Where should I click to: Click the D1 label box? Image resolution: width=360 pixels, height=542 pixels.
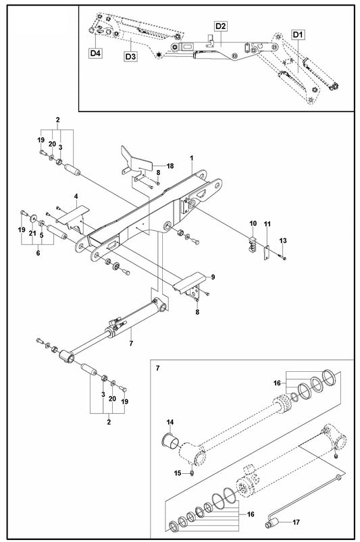click(x=299, y=34)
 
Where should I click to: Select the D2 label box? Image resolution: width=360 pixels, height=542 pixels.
click(x=220, y=26)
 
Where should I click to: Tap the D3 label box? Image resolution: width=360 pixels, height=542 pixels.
click(x=130, y=57)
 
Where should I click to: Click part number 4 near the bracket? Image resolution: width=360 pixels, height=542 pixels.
click(x=76, y=196)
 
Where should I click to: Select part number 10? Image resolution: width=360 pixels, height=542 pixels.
click(x=253, y=223)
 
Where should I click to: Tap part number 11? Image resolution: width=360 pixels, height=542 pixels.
click(x=267, y=223)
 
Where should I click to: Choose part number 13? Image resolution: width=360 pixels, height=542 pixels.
click(x=284, y=241)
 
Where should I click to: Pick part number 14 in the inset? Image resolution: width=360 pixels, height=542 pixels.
click(x=170, y=423)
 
